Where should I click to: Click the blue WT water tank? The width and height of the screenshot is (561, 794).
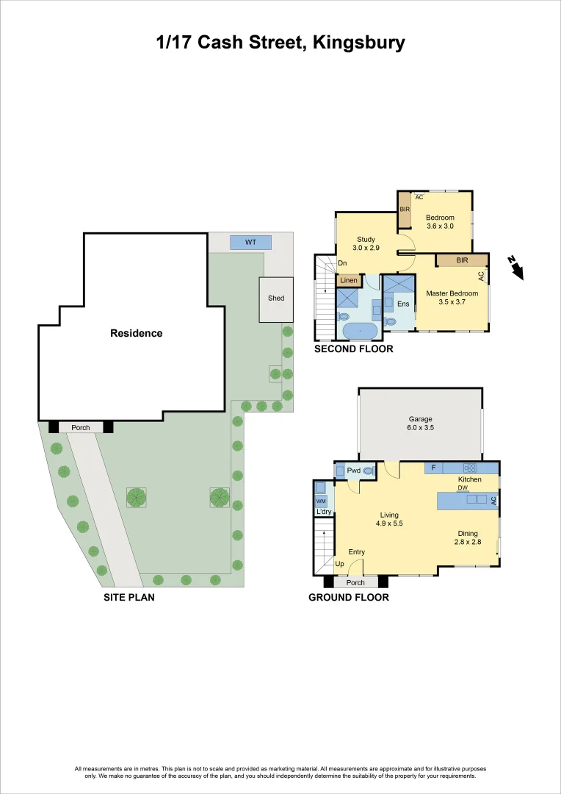[x=250, y=242]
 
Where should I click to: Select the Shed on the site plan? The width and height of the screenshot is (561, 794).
[x=276, y=298]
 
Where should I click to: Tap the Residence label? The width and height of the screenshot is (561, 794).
[x=137, y=333]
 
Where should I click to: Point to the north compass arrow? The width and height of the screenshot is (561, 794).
[x=517, y=268]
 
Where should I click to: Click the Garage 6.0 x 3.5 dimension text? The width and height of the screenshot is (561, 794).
[x=420, y=427]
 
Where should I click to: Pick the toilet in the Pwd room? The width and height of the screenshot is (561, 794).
[x=369, y=470]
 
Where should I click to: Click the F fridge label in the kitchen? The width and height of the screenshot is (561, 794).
[x=433, y=468]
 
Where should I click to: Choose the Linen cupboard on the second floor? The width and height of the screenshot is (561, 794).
[x=349, y=280]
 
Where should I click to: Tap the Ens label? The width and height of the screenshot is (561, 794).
[x=403, y=304]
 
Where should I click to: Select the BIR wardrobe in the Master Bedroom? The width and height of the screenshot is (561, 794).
[x=462, y=260]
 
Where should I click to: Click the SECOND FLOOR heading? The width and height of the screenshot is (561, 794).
[x=353, y=349]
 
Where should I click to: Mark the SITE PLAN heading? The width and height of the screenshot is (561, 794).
[x=129, y=598]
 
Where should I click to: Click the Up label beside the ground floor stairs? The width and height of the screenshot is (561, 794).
[x=339, y=564]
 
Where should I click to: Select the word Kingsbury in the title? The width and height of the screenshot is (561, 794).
[x=358, y=43]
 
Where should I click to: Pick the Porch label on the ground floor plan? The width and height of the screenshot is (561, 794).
[x=355, y=583]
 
